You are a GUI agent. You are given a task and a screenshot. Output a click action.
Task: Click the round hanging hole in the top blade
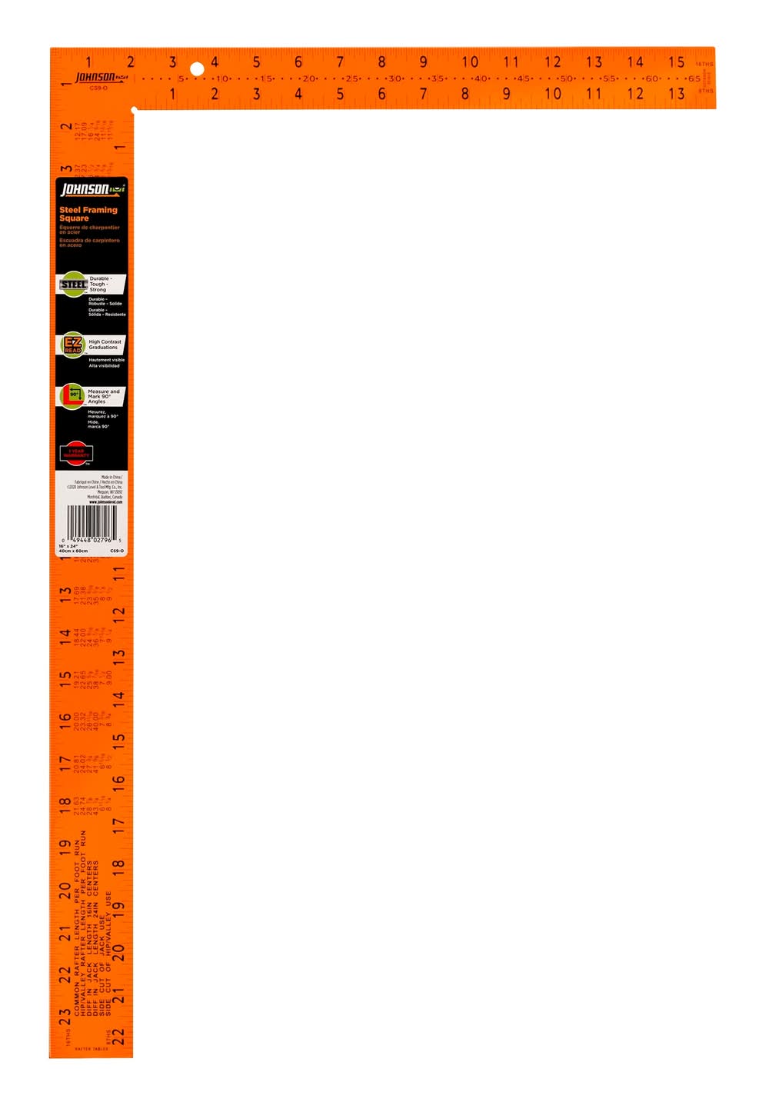(197, 69)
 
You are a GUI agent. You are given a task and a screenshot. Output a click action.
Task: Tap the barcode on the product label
(92, 522)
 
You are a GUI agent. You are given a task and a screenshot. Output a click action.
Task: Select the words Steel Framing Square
(88, 214)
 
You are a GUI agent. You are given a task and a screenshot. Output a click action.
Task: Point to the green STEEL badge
(74, 285)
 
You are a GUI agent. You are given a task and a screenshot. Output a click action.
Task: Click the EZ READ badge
(72, 345)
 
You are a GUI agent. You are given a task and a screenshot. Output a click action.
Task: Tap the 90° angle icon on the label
(72, 395)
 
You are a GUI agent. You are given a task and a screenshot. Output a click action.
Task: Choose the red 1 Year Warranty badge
(76, 454)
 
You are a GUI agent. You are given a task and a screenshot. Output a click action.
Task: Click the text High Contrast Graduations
(105, 345)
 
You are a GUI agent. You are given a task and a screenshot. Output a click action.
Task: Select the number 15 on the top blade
(676, 62)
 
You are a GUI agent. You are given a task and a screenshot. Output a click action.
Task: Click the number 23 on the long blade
(65, 1017)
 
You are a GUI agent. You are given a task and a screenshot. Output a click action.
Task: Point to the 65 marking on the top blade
(694, 78)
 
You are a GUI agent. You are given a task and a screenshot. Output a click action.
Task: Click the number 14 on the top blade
(634, 62)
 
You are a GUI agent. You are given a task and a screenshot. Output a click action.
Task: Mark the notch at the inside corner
(134, 111)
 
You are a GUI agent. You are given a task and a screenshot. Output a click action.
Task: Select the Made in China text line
(111, 477)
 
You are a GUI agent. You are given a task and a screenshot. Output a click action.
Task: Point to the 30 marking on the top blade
(395, 78)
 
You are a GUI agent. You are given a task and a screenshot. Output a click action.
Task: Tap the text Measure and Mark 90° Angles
(104, 396)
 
